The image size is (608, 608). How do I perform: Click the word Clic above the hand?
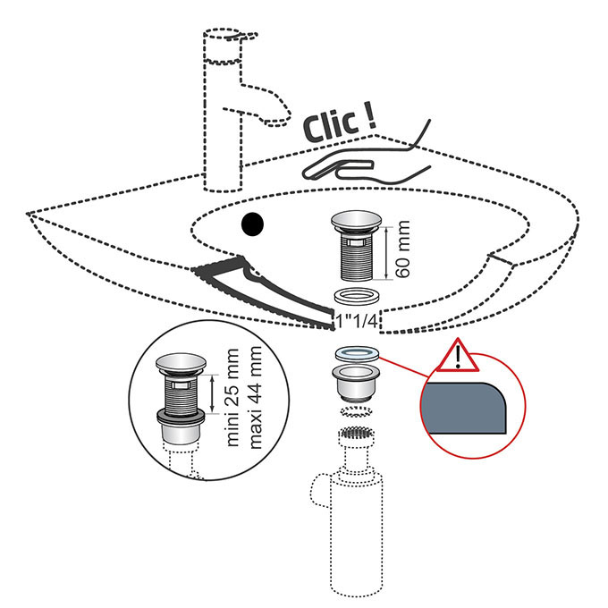[x=330, y=126]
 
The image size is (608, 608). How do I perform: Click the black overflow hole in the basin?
[x=252, y=224]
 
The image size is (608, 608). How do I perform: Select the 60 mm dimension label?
[x=403, y=249]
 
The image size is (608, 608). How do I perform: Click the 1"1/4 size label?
[x=357, y=321]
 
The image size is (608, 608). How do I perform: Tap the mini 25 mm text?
[x=232, y=397]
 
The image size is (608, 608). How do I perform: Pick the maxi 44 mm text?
[x=256, y=397]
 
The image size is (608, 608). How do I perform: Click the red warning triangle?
[x=458, y=357]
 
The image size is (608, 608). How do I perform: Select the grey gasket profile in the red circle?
[x=465, y=408]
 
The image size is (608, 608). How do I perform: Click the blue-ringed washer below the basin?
[x=357, y=353]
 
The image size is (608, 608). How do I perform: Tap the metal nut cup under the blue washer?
[x=357, y=383]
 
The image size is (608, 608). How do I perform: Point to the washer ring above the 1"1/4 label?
[x=357, y=297]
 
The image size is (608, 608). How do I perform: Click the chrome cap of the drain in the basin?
[x=357, y=221]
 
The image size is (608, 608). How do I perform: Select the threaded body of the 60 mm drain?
[x=357, y=257]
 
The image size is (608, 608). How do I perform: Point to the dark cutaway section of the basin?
[x=264, y=291]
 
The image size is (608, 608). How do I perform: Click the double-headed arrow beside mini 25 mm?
[x=212, y=394]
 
